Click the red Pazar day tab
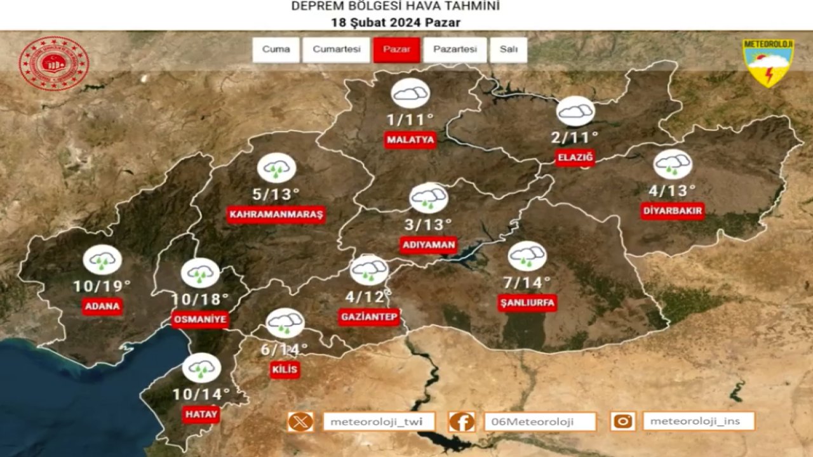pyautogui.click(x=396, y=50)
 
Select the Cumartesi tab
pyautogui.click(x=336, y=50)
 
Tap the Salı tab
pyautogui.click(x=508, y=50)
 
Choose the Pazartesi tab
pyautogui.click(x=455, y=50)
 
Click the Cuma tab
pyautogui.click(x=276, y=50)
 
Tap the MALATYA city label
pyautogui.click(x=410, y=140)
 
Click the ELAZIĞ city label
pyautogui.click(x=575, y=157)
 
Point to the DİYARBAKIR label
pyautogui.click(x=672, y=211)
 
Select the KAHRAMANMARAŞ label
pyautogui.click(x=276, y=215)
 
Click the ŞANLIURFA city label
pyautogui.click(x=527, y=303)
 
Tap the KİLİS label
pyautogui.click(x=284, y=369)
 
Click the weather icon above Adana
pyautogui.click(x=102, y=260)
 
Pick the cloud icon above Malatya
pyautogui.click(x=410, y=94)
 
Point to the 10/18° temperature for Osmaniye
pyautogui.click(x=200, y=299)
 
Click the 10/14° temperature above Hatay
pyautogui.click(x=201, y=395)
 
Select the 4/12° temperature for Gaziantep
pyautogui.click(x=368, y=296)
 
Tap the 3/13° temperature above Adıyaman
pyautogui.click(x=428, y=225)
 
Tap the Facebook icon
pyautogui.click(x=462, y=421)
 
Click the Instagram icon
pyautogui.click(x=623, y=421)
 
